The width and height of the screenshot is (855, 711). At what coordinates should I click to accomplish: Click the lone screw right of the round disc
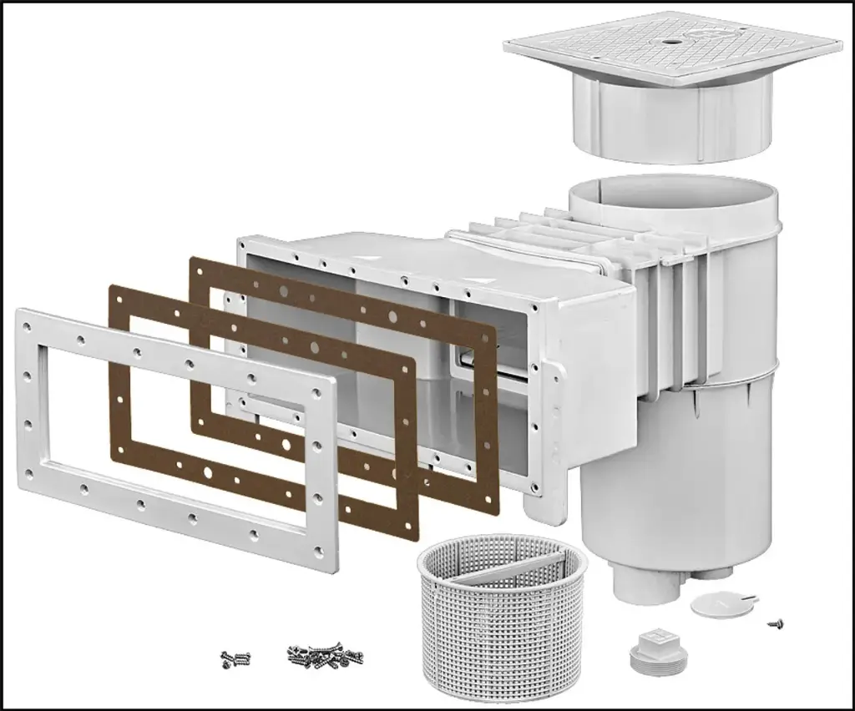(776, 622)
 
